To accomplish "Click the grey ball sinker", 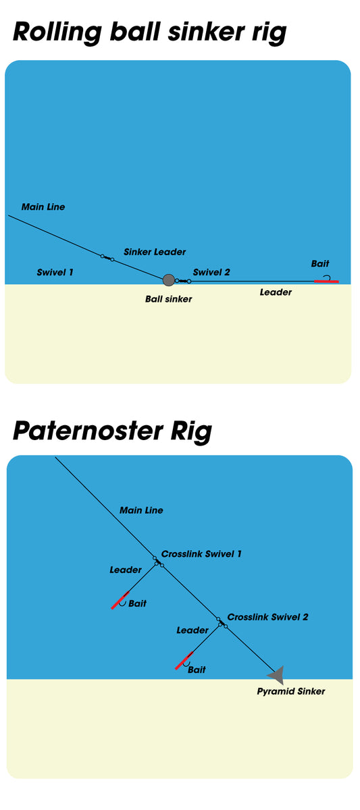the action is [169, 279].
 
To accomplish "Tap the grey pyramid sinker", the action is [276, 675].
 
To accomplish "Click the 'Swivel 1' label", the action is [55, 272].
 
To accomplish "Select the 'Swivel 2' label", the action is [211, 272].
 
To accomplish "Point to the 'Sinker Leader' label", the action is [155, 252].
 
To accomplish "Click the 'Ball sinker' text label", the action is [169, 299].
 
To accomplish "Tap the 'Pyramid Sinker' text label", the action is [291, 691].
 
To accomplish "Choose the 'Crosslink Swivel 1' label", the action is [201, 553].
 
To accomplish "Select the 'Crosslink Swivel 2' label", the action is [267, 617].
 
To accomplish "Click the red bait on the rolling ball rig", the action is [326, 281].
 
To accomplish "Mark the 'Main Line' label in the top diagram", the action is [43, 207].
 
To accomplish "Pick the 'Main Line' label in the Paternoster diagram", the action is [141, 510].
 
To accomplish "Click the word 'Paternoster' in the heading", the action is [88, 431].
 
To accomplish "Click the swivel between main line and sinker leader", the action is [107, 258].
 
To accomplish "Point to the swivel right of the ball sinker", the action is [183, 281].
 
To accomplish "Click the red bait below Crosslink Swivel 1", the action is [120, 600].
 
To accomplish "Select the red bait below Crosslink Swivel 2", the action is [184, 660].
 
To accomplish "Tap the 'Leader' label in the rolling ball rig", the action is [276, 292].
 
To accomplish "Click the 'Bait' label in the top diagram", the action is [320, 264].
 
